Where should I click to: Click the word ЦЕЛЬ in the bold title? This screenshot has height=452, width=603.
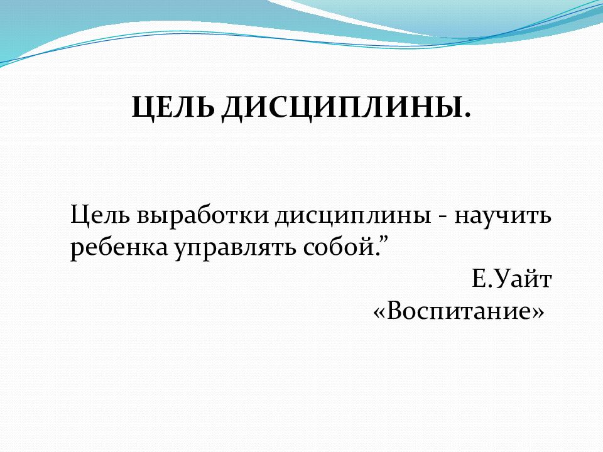pos(173,107)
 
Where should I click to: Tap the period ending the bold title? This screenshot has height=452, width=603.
pos(467,114)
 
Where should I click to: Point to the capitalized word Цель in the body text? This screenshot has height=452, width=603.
pos(100,215)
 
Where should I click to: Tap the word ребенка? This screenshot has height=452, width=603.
pos(119,247)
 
